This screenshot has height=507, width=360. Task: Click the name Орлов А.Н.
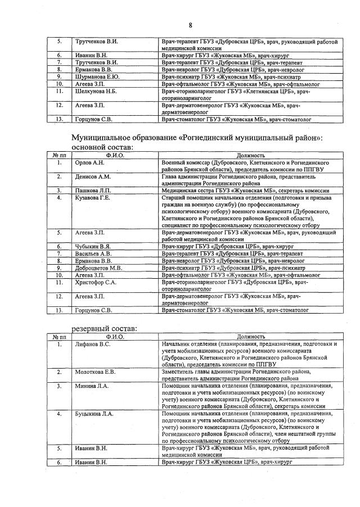[x=89, y=162]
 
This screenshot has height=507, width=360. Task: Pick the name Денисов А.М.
[x=93, y=176]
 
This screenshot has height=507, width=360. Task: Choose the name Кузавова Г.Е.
[x=93, y=198]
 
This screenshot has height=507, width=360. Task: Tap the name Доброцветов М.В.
[x=98, y=268]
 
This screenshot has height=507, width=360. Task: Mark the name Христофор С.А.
[x=96, y=282]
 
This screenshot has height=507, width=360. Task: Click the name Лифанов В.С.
[x=93, y=343]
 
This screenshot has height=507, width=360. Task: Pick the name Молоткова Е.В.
[x=95, y=372]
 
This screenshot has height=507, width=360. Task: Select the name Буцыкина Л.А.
[x=94, y=414]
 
